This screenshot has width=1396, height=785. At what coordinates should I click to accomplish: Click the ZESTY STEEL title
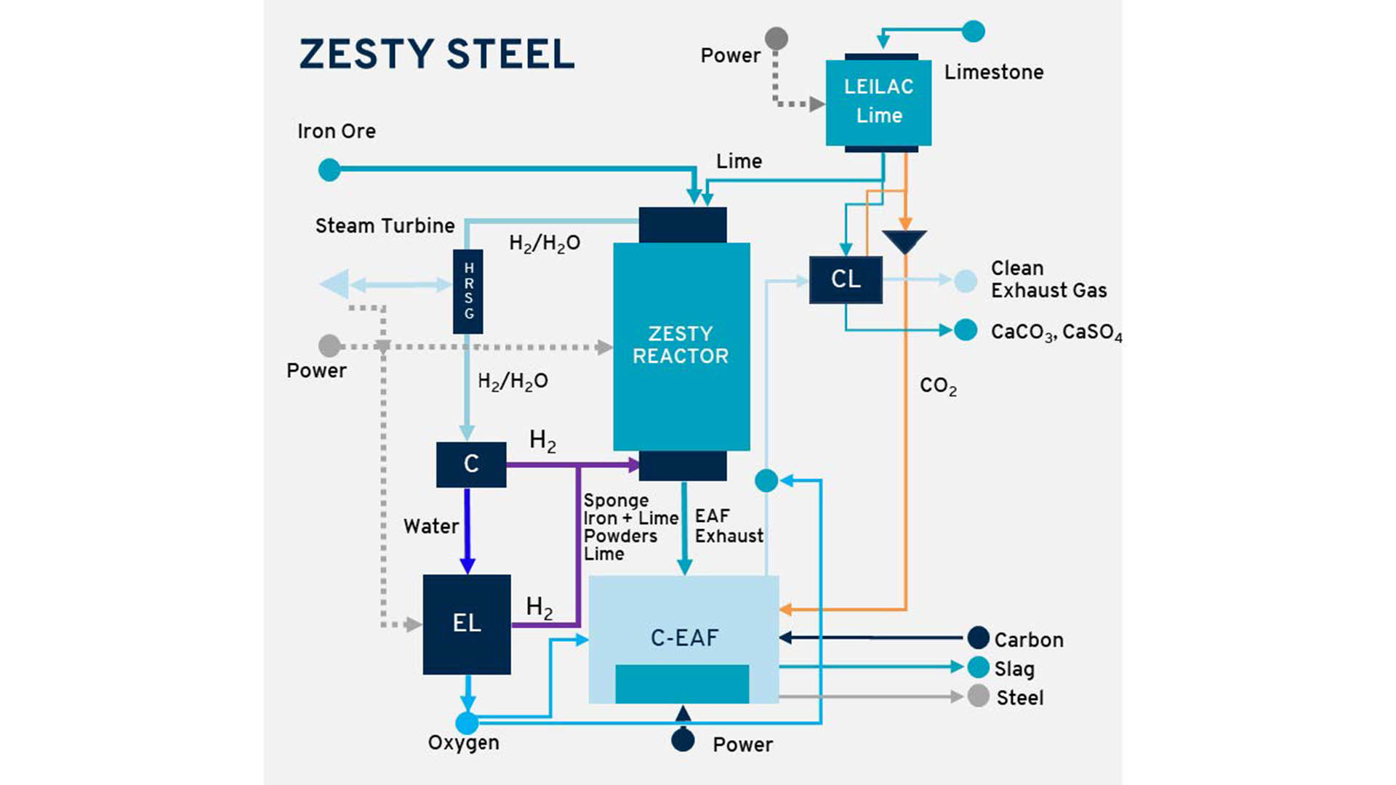(x=437, y=55)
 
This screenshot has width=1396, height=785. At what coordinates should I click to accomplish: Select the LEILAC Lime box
(x=878, y=102)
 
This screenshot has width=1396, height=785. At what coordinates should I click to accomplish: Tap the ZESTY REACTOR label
(x=681, y=345)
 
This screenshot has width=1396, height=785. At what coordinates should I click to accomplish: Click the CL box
(x=846, y=279)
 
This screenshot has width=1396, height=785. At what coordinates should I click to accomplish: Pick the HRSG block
(x=468, y=291)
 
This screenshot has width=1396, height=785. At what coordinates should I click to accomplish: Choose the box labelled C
(x=471, y=464)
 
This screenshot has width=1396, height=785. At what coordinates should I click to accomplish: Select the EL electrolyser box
(x=467, y=624)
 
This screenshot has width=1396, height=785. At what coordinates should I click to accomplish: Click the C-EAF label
(x=684, y=637)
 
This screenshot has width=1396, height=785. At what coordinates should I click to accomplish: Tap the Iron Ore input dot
(x=329, y=170)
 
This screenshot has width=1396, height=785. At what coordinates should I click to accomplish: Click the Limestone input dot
(x=973, y=32)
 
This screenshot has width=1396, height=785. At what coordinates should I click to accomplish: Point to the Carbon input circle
(x=978, y=638)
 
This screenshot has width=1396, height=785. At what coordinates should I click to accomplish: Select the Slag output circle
(x=978, y=667)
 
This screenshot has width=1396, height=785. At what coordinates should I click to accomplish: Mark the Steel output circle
(x=978, y=696)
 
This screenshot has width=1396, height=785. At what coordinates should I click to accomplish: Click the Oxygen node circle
(x=467, y=722)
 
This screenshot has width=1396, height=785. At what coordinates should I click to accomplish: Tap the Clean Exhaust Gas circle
(x=966, y=281)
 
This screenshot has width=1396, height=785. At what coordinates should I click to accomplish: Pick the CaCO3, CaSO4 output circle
(x=966, y=330)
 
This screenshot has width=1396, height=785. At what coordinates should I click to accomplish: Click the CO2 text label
(x=938, y=386)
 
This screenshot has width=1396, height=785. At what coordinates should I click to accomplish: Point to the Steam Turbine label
(x=385, y=226)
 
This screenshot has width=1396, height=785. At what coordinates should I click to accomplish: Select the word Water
(x=431, y=526)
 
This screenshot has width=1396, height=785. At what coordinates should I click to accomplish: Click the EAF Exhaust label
(x=729, y=526)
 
